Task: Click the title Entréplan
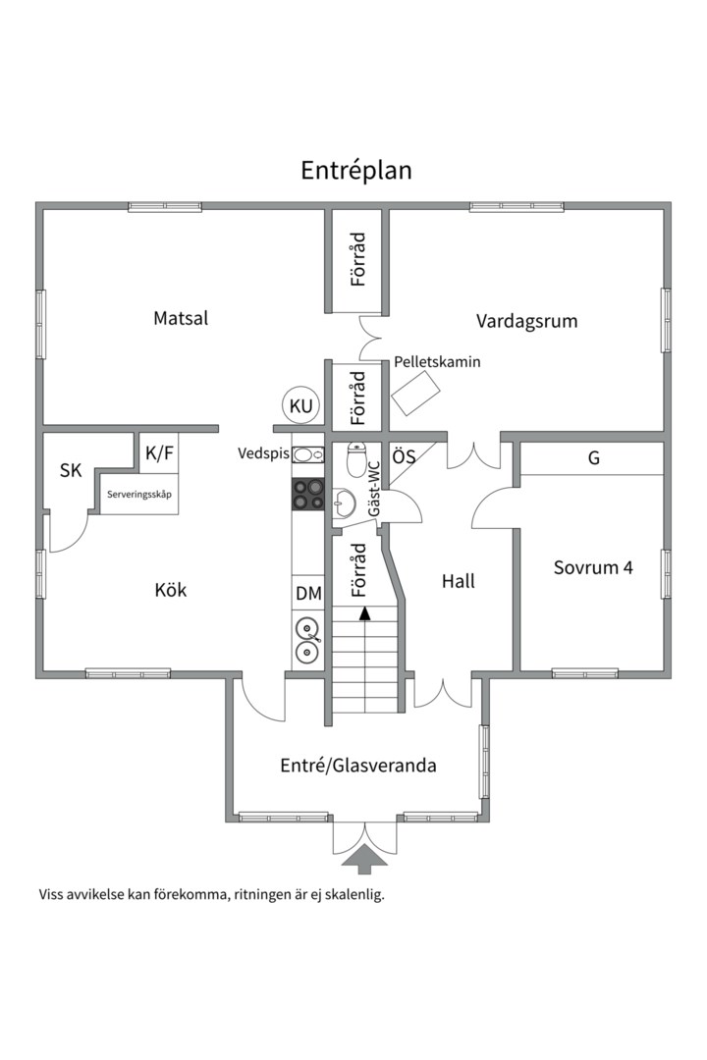point(355,170)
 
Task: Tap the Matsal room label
point(181,318)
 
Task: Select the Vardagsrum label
point(526,321)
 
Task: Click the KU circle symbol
point(300,405)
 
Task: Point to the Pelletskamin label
point(437,362)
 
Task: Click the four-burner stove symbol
point(308,494)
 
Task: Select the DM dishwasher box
point(308,594)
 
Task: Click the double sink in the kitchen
point(308,638)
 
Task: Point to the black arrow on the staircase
point(365,613)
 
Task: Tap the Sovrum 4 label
point(592,567)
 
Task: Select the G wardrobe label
point(593,458)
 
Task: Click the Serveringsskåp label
point(139,495)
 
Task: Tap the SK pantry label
point(71,471)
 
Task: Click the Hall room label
point(458,581)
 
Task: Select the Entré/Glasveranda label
point(357,766)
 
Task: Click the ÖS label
point(404,456)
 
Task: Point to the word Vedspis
point(263,453)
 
